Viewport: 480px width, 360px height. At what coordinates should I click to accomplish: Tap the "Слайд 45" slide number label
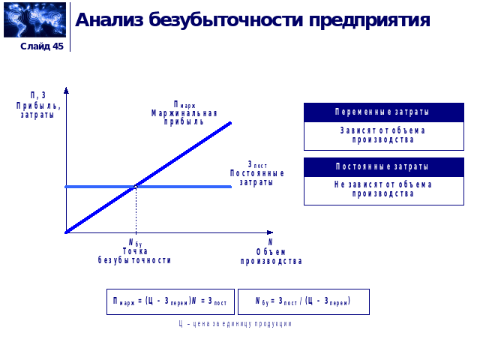pyautogui.click(x=42, y=46)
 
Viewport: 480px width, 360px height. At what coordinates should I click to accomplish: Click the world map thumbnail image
pyautogui.click(x=34, y=20)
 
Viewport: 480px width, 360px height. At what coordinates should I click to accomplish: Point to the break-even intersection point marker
pyautogui.click(x=136, y=186)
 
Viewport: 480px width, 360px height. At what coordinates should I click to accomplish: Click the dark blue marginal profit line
pyautogui.click(x=187, y=150)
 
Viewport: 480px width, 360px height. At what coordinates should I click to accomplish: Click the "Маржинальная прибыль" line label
pyautogui.click(x=184, y=112)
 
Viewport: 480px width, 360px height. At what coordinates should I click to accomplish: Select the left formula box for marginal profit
pyautogui.click(x=169, y=301)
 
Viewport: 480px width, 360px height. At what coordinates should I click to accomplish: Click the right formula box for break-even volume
pyautogui.click(x=303, y=301)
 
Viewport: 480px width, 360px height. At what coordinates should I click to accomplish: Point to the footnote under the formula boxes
pyautogui.click(x=235, y=324)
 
